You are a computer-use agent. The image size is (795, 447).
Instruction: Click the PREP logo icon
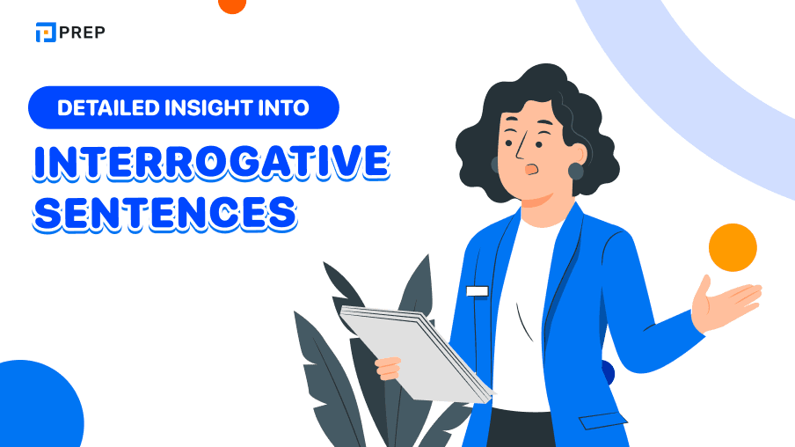tap(45, 33)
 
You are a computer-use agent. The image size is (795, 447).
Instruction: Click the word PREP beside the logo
tap(84, 33)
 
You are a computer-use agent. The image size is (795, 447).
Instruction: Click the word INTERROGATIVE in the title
tap(210, 162)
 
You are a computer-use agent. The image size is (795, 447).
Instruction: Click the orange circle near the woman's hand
tap(733, 247)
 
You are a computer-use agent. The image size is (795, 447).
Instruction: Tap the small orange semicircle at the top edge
tap(232, 5)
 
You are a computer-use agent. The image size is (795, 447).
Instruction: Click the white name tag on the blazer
tap(478, 290)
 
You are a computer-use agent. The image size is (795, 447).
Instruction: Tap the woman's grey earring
tap(575, 171)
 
